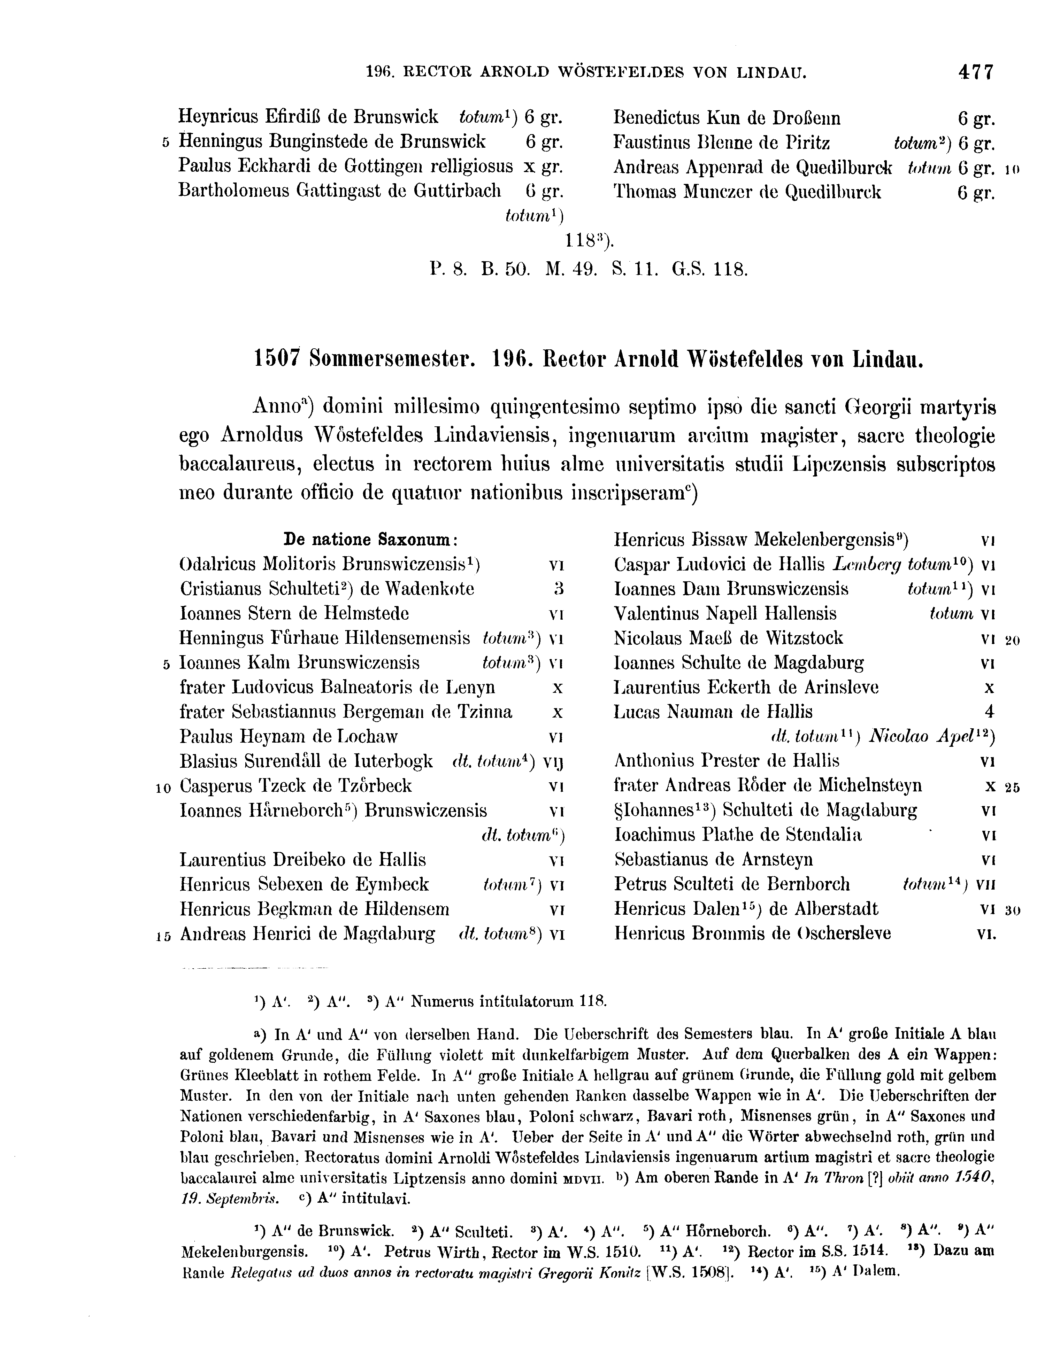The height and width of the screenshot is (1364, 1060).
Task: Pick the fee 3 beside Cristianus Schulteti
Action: click(559, 589)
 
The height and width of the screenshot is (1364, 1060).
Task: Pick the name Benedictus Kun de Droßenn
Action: click(727, 119)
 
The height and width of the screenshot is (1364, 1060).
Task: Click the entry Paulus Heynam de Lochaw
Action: click(289, 737)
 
